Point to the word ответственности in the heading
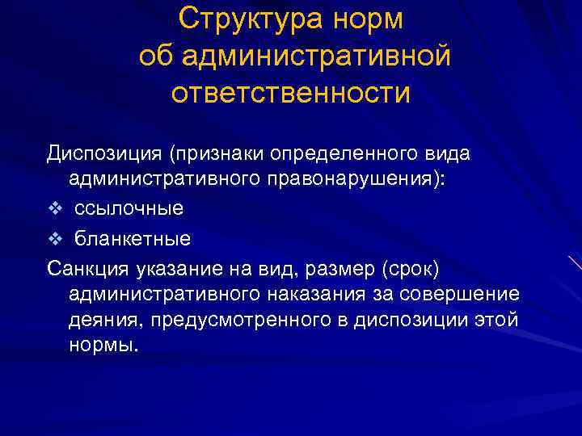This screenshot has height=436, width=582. pyautogui.click(x=291, y=93)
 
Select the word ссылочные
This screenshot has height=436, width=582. pyautogui.click(x=129, y=208)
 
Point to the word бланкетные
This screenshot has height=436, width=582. pyautogui.click(x=133, y=239)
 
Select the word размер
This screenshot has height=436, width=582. pyautogui.click(x=342, y=267)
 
